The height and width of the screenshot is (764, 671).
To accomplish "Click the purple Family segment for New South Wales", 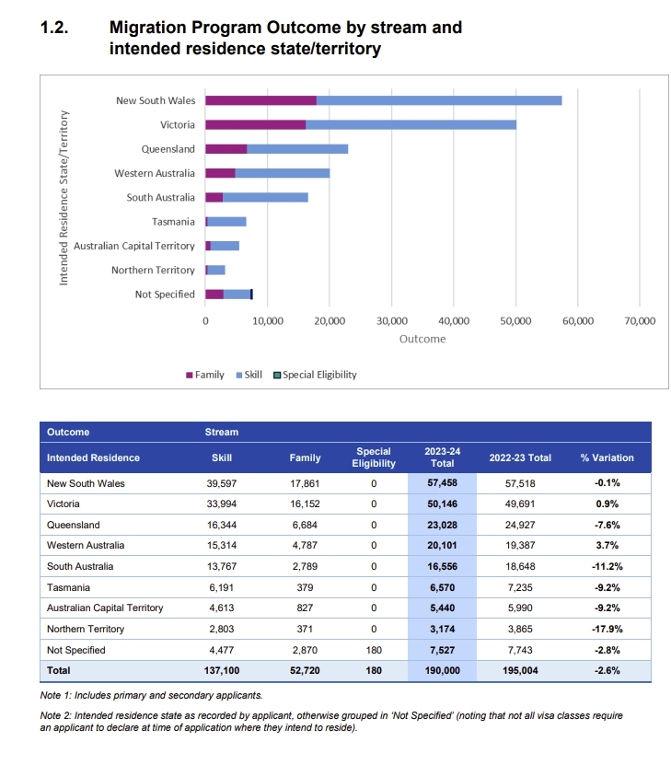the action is pyautogui.click(x=260, y=100).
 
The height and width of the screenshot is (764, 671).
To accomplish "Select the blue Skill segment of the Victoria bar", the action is pyautogui.click(x=411, y=125).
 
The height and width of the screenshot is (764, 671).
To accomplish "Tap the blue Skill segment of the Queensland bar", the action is pyautogui.click(x=297, y=149).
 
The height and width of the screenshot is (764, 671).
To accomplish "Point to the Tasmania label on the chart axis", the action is pyautogui.click(x=173, y=222).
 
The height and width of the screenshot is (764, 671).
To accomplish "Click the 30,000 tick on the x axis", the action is pyautogui.click(x=392, y=321).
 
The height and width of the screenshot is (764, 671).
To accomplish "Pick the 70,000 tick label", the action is pyautogui.click(x=640, y=321).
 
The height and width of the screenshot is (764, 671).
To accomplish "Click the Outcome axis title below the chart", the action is pyautogui.click(x=422, y=339).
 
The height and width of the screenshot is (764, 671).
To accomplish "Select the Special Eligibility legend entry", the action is pyautogui.click(x=316, y=375).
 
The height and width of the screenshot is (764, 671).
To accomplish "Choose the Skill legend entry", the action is pyautogui.click(x=249, y=375).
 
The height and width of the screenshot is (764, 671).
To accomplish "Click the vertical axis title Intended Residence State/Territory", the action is pyautogui.click(x=64, y=198).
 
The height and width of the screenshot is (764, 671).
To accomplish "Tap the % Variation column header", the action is pyautogui.click(x=607, y=457).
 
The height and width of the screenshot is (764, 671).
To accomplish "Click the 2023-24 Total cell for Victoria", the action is pyautogui.click(x=443, y=504).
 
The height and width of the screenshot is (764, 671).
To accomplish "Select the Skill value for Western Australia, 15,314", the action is pyautogui.click(x=222, y=545).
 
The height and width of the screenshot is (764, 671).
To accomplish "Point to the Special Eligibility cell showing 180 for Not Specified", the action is pyautogui.click(x=374, y=650).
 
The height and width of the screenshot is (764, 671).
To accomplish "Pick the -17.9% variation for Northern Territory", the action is pyautogui.click(x=607, y=629).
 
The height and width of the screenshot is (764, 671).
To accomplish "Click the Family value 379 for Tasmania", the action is pyautogui.click(x=305, y=587).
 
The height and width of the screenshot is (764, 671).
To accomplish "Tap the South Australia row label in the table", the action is pyautogui.click(x=80, y=566).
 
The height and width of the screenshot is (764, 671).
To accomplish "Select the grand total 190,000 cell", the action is pyautogui.click(x=443, y=670).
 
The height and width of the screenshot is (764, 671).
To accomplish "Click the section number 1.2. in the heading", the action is pyautogui.click(x=54, y=28).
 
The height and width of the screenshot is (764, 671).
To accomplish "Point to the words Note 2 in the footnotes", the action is pyautogui.click(x=54, y=715).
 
